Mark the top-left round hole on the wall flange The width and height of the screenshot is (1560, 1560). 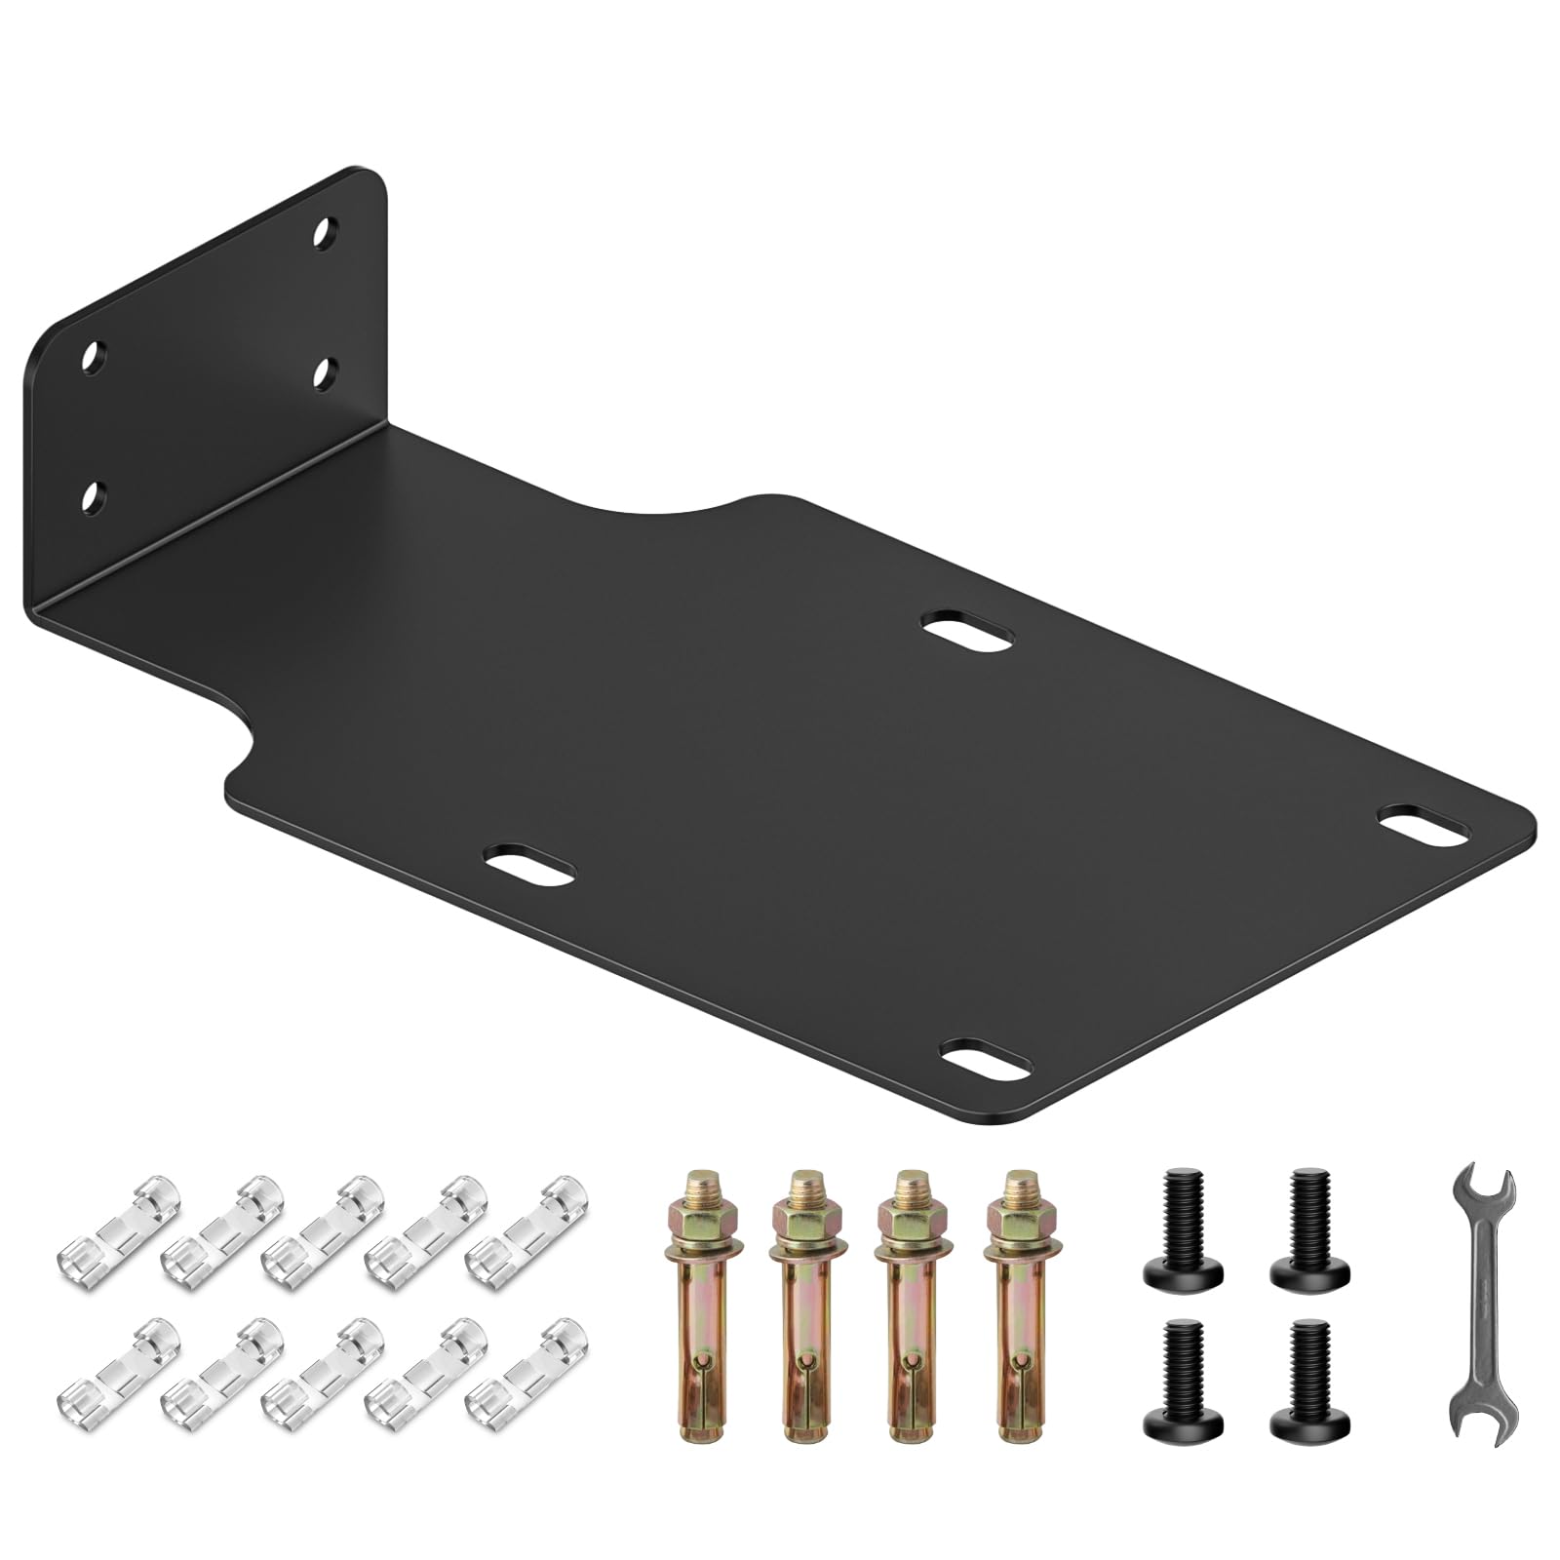pyautogui.click(x=94, y=357)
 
